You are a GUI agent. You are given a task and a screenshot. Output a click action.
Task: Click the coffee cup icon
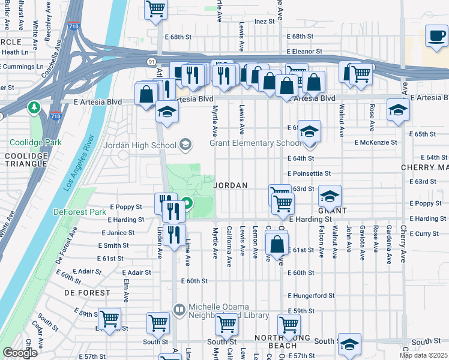(436, 37)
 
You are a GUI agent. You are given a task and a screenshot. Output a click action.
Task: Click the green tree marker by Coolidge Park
(34, 108)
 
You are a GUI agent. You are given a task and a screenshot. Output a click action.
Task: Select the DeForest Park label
(79, 212)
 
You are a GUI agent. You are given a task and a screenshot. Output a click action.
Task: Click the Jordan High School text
(140, 145)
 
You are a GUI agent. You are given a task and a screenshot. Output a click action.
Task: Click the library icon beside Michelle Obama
(179, 310)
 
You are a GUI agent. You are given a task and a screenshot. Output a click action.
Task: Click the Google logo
(20, 353)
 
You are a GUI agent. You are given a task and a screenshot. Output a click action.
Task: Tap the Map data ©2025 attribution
(423, 355)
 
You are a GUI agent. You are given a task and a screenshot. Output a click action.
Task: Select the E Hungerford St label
(311, 296)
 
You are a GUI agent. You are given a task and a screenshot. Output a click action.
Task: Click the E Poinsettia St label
(309, 173)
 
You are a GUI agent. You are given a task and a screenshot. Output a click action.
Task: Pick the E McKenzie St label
(376, 142)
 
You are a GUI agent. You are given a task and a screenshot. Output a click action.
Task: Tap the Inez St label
(264, 21)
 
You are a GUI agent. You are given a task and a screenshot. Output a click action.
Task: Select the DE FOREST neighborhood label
(87, 293)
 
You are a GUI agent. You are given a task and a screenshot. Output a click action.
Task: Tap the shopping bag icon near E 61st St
(276, 245)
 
